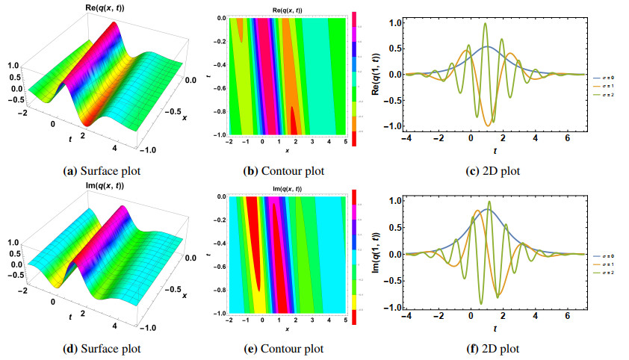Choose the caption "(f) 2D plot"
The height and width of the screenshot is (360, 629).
coord(493,348)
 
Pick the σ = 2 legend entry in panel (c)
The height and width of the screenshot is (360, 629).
coord(608,95)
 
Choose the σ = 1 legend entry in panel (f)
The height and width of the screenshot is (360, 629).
coord(608,264)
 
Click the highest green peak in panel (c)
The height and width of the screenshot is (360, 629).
coord(486,24)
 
